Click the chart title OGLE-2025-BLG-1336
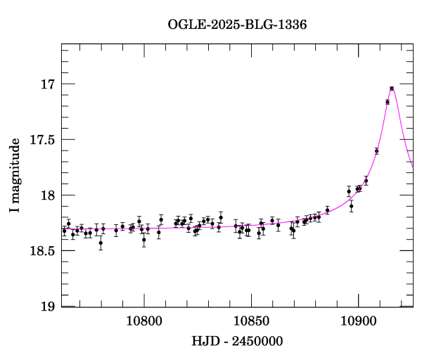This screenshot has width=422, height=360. click(237, 25)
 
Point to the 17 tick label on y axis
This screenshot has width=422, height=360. click(47, 84)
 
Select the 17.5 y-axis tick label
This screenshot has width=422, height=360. click(41, 140)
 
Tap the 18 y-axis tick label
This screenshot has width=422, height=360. click(47, 195)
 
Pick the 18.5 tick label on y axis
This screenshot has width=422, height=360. click(41, 251)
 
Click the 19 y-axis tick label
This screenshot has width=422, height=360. click(47, 307)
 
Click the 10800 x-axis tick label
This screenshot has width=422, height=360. click(144, 321)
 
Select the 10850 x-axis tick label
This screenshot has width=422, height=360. click(251, 321)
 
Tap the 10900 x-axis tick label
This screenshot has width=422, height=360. click(358, 321)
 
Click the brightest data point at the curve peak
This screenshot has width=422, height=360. click(392, 88)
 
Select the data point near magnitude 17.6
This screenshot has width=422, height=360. click(377, 151)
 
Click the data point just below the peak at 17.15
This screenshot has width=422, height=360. click(388, 102)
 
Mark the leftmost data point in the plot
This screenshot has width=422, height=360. click(64, 231)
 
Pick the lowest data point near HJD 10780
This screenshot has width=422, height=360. click(101, 243)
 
